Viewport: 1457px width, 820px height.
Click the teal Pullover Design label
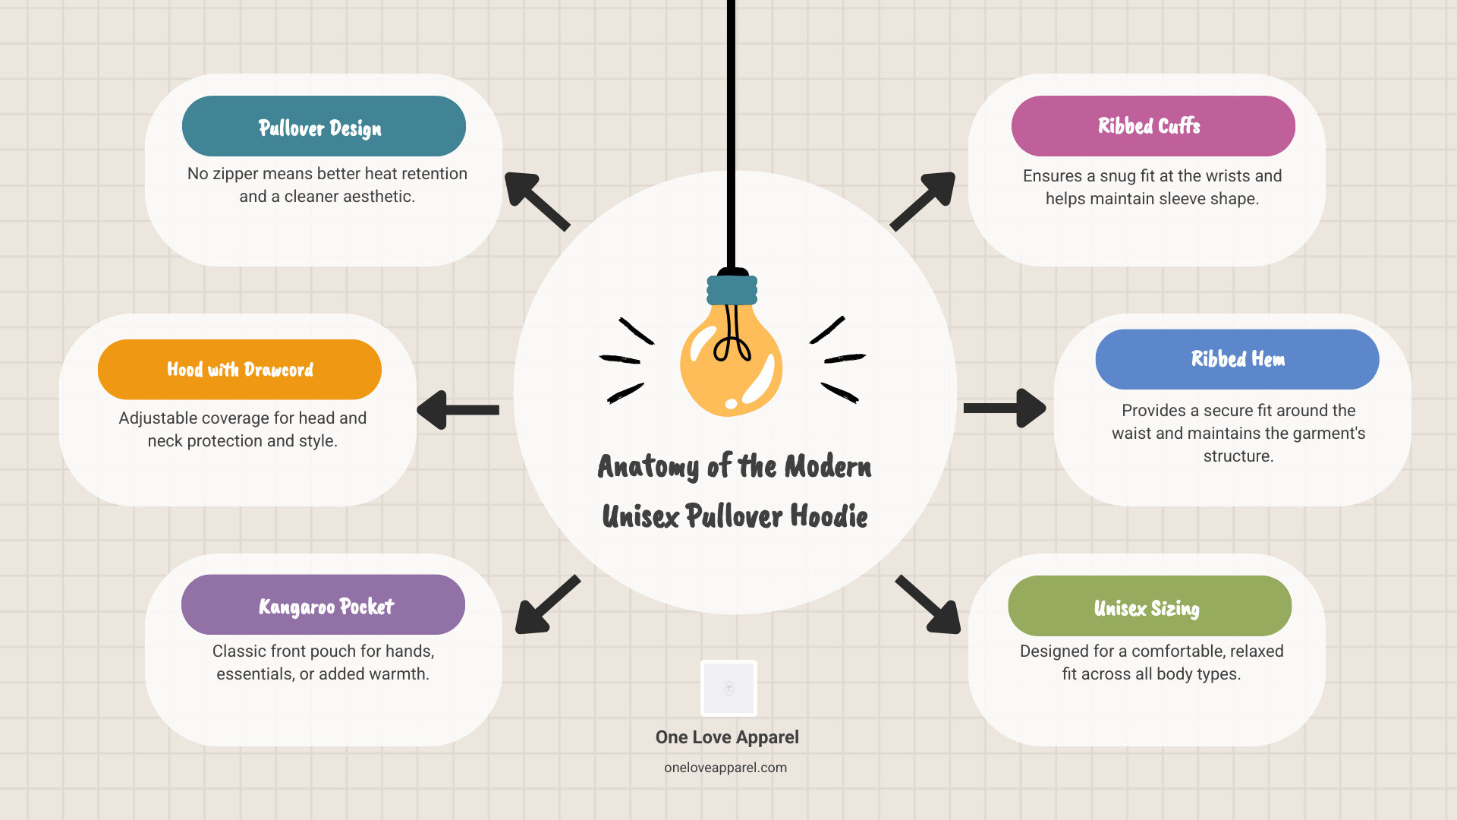pyautogui.click(x=324, y=126)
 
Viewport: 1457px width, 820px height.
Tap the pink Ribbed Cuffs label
pyautogui.click(x=1153, y=126)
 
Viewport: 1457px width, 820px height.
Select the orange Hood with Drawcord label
pyautogui.click(x=240, y=370)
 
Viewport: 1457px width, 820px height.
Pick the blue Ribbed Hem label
pyautogui.click(x=1238, y=359)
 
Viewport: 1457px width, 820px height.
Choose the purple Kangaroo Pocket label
pyautogui.click(x=323, y=605)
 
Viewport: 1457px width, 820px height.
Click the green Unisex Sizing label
pyautogui.click(x=1150, y=606)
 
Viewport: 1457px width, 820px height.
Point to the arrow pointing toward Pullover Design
pyautogui.click(x=537, y=201)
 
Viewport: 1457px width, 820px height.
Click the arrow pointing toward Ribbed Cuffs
pyautogui.click(x=923, y=201)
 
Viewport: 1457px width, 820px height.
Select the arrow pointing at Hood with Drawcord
pyautogui.click(x=458, y=410)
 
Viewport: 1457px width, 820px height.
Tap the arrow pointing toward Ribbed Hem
pyautogui.click(x=1005, y=408)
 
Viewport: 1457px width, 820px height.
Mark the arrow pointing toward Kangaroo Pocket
pyautogui.click(x=548, y=604)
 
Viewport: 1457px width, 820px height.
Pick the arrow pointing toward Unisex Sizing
pyautogui.click(x=928, y=604)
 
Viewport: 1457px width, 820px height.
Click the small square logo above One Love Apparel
pyautogui.click(x=728, y=688)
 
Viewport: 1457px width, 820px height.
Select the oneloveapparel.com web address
pyautogui.click(x=725, y=768)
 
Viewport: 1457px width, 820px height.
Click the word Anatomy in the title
pyautogui.click(x=648, y=466)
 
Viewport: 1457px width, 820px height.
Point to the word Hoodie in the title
pyautogui.click(x=829, y=516)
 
